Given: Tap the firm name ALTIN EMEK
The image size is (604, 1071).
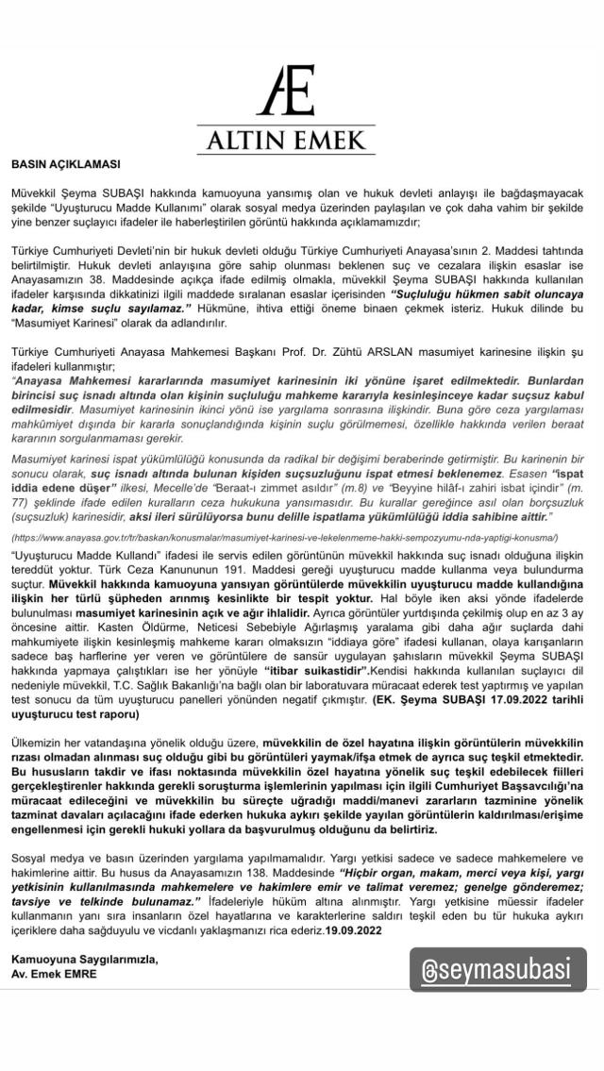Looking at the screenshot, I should coord(301,142).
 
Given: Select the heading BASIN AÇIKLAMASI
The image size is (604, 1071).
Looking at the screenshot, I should coord(65,163).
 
